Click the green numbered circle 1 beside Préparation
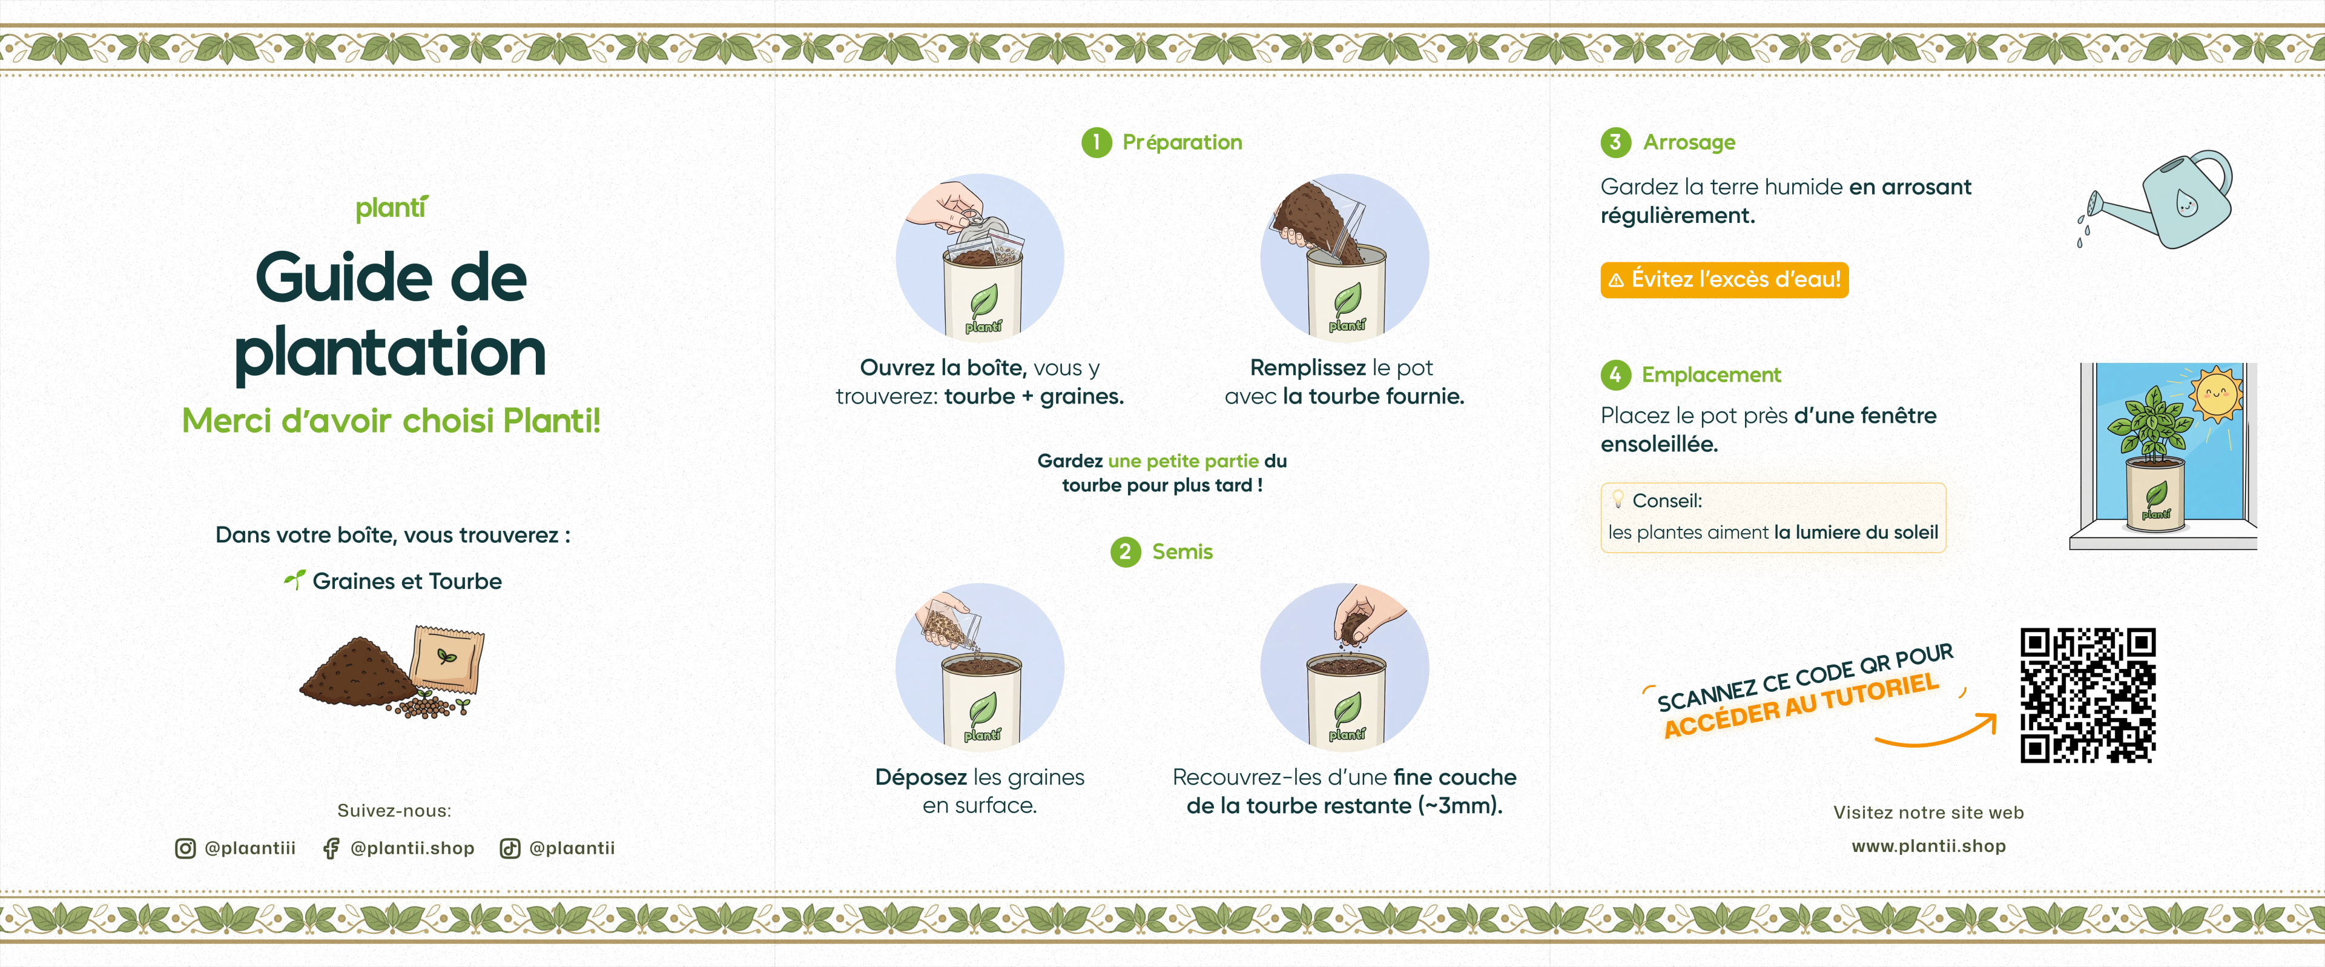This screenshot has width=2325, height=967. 1096,142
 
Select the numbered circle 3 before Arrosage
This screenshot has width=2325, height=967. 1615,142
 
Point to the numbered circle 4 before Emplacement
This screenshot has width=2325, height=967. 1615,374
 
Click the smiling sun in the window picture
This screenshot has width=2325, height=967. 2216,394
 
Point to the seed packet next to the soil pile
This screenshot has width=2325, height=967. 447,659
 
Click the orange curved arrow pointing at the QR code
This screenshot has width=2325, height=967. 1941,733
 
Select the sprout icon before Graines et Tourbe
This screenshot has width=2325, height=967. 294,580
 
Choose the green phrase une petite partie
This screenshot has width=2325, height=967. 1182,461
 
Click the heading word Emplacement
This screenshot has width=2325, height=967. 1710,374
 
